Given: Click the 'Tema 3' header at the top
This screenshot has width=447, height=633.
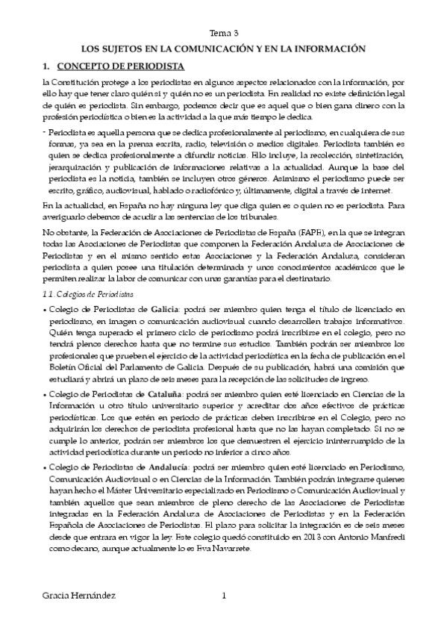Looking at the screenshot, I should tap(224, 34).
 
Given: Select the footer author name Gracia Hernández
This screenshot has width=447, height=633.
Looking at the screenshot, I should tap(78, 596).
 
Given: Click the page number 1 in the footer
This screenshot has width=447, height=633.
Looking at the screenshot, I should tap(223, 596).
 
